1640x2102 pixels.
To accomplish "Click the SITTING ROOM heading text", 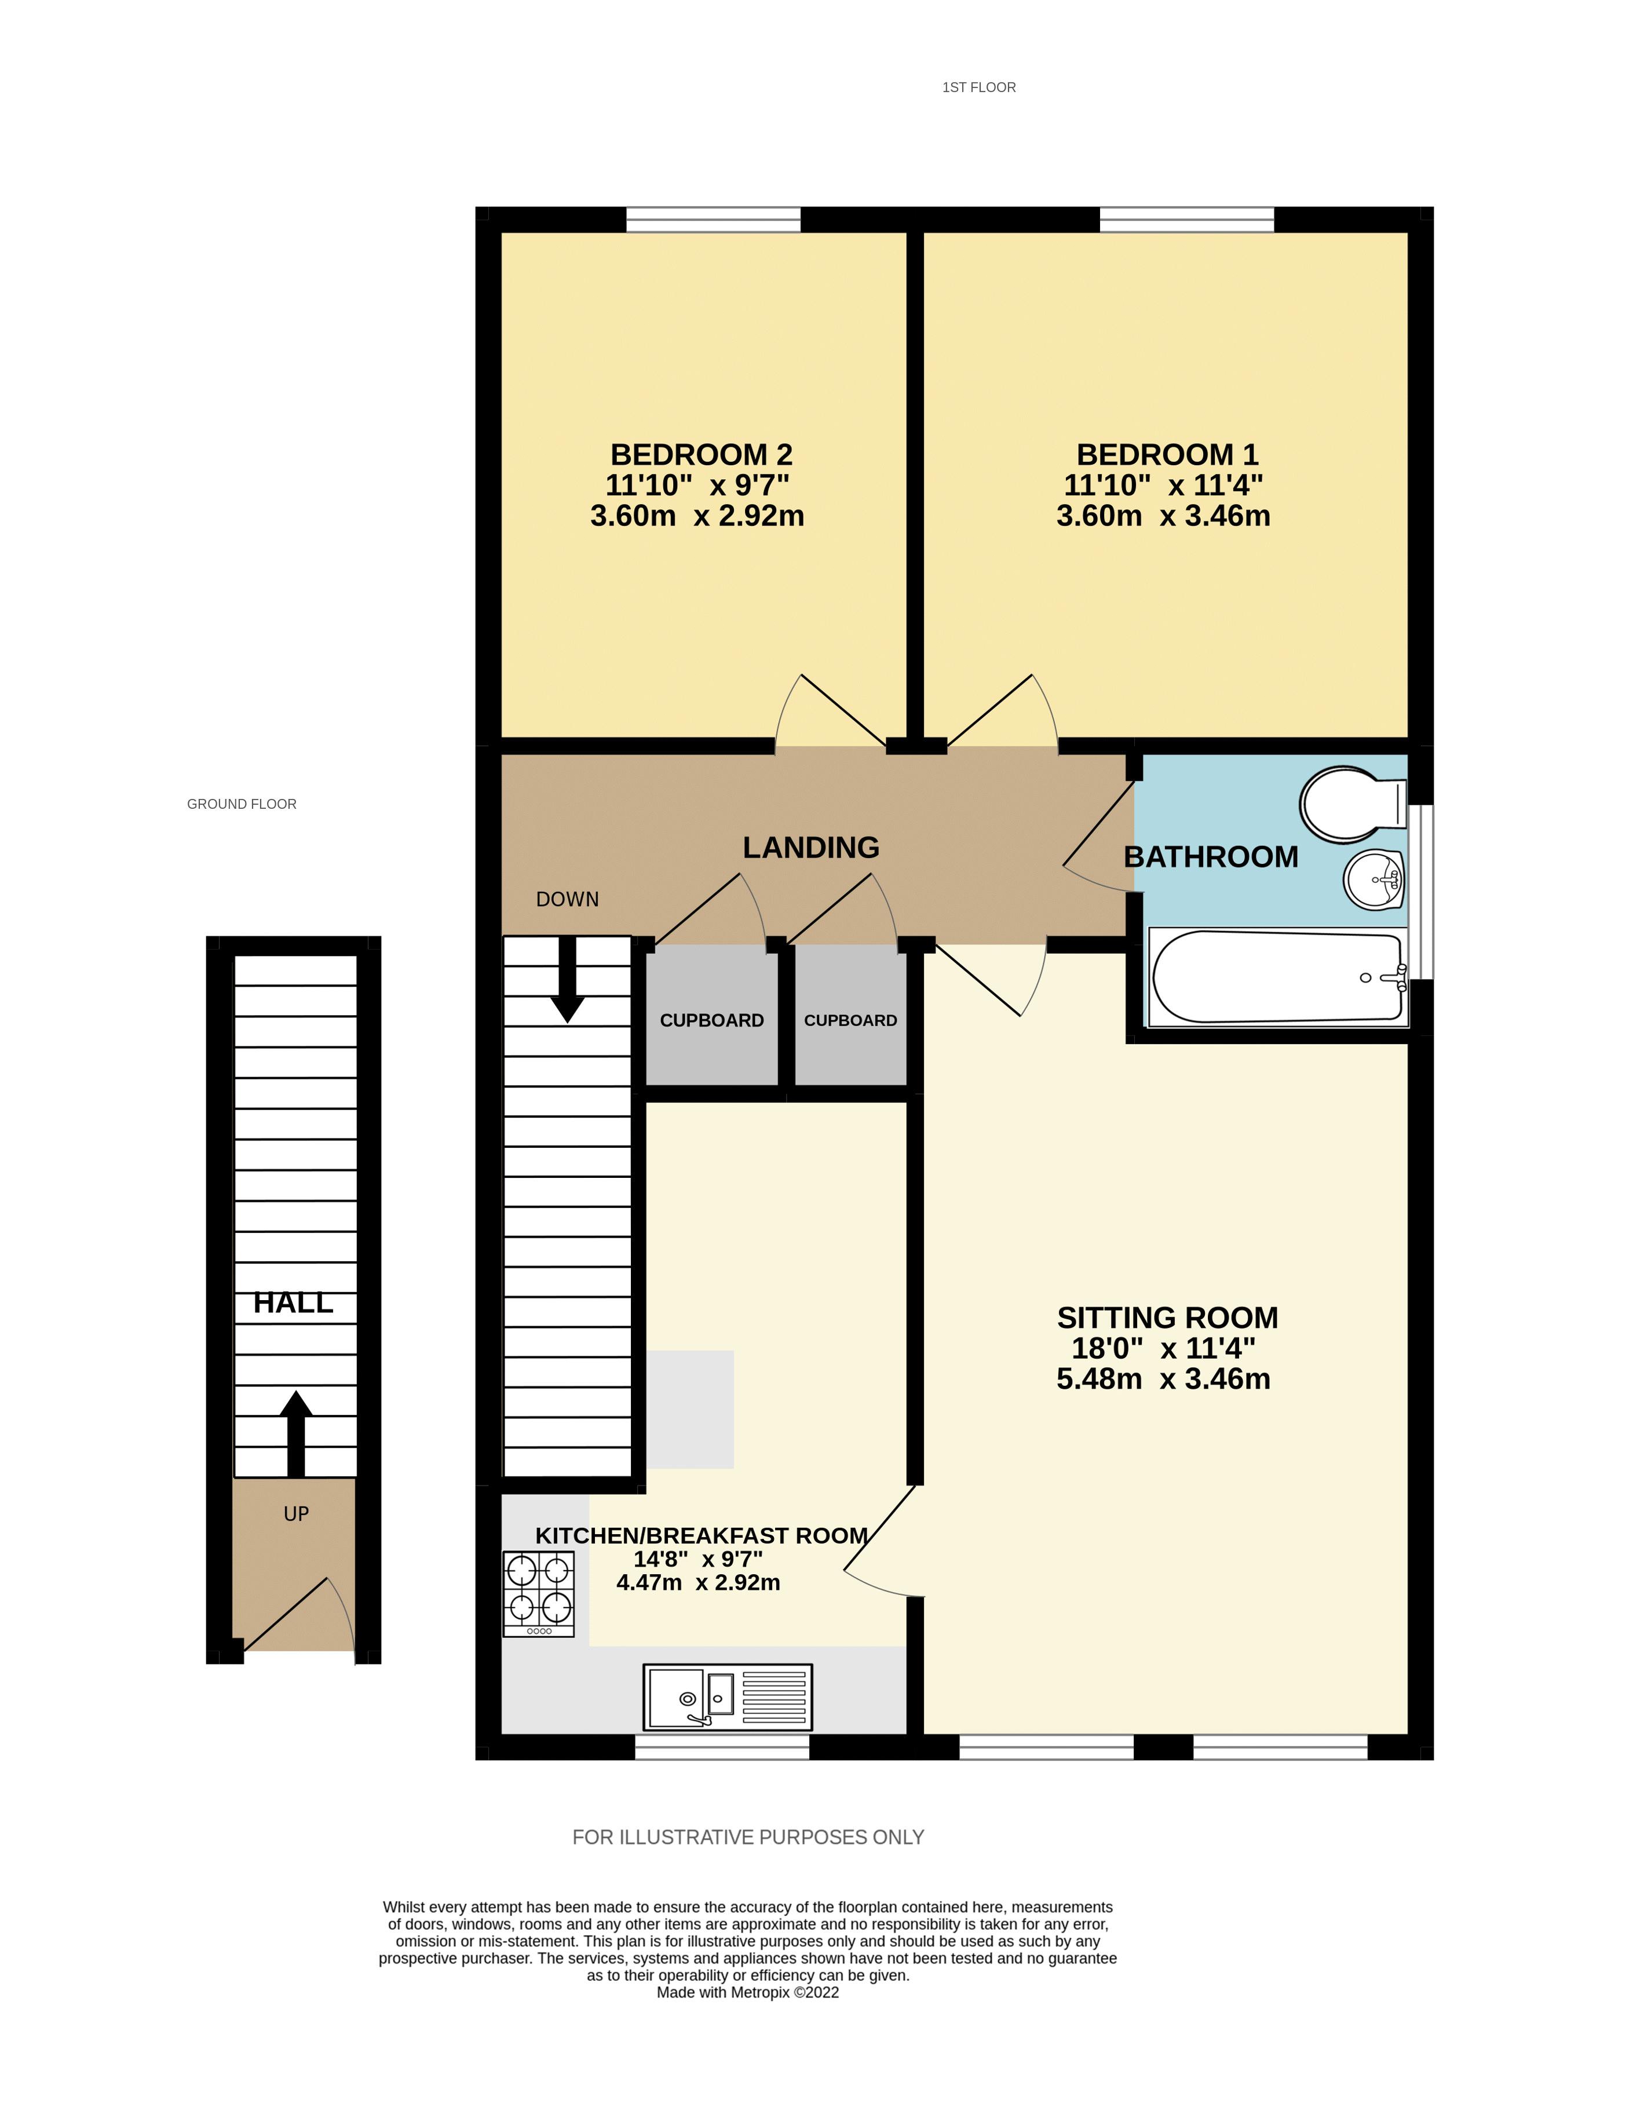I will (x=1167, y=1318).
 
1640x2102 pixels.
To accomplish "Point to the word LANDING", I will (x=810, y=848).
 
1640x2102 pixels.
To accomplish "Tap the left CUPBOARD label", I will (x=711, y=1020).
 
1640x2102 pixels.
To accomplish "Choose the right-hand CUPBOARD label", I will (x=850, y=1020).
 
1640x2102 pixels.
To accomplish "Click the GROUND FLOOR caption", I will (x=242, y=804).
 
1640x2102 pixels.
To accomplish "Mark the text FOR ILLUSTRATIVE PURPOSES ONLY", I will (x=748, y=1837).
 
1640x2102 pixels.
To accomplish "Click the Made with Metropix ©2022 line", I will (x=748, y=1992).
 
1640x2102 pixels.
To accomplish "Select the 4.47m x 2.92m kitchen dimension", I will (x=698, y=1582).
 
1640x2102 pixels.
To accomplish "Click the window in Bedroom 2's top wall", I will (x=713, y=220).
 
